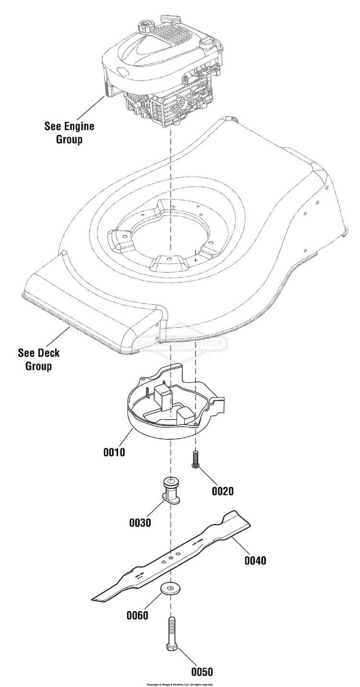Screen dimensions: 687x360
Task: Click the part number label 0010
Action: point(114,452)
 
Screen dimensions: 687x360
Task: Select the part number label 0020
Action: point(223,491)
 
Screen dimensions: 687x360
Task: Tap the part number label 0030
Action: point(140,523)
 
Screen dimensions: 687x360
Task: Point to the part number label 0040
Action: point(255,560)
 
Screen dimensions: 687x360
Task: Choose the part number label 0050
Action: point(202,672)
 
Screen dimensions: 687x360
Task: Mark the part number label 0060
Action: point(137,615)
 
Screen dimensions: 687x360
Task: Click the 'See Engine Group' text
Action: point(70,133)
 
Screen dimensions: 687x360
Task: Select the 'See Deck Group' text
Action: point(39,360)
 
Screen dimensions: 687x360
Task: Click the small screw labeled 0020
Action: point(195,459)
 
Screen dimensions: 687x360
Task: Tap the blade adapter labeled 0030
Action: point(171,492)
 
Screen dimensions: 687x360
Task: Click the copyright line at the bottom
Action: point(180,684)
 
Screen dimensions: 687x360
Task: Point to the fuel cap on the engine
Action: point(144,24)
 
